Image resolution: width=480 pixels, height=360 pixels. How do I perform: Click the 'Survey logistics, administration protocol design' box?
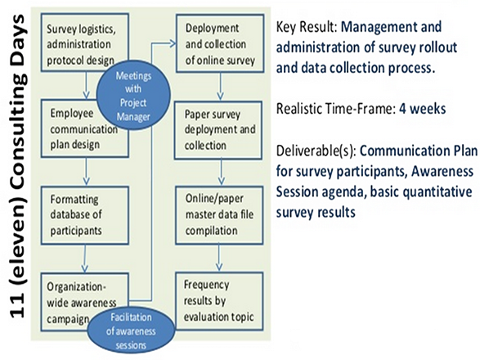tap(85, 43)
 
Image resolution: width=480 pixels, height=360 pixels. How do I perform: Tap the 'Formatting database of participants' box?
tap(85, 215)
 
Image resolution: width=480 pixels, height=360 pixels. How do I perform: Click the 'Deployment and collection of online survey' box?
tap(220, 43)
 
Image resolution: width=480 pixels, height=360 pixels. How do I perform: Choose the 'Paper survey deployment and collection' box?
tap(218, 130)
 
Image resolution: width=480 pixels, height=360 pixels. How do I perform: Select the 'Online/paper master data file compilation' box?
tap(219, 215)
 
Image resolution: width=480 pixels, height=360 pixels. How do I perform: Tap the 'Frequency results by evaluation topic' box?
tap(219, 301)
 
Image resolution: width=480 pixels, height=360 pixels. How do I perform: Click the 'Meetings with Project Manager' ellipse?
tap(133, 95)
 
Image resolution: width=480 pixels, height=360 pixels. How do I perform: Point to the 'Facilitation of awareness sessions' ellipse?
tap(131, 331)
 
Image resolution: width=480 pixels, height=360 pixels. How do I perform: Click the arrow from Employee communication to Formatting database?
tap(87, 172)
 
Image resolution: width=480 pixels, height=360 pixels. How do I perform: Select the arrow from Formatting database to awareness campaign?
tap(85, 259)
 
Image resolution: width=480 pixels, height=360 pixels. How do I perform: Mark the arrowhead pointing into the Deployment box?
tap(173, 43)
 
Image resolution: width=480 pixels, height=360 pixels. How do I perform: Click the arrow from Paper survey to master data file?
tap(221, 173)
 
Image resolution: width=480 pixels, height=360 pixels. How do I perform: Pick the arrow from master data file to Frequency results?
tap(218, 259)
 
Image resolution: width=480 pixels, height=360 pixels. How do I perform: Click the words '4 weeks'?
tap(422, 109)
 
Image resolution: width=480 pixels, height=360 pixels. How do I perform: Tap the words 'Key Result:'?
tap(307, 27)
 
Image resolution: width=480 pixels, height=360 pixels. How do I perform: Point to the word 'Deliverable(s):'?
tap(316, 151)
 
